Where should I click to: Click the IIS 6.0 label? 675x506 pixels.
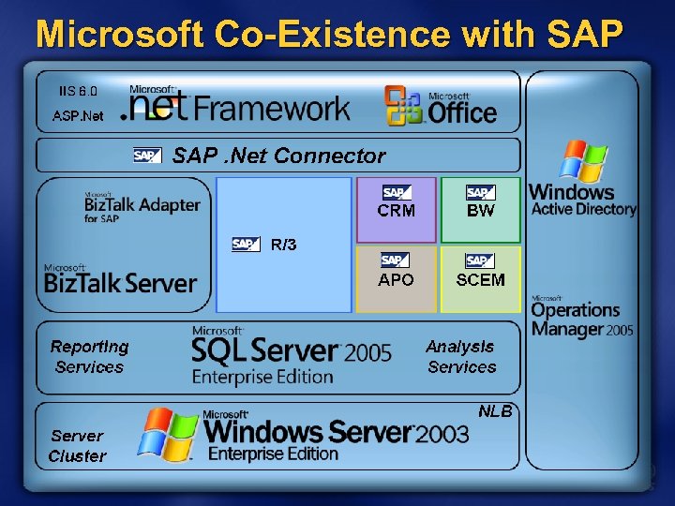(78, 92)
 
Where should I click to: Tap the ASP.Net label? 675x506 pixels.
(78, 117)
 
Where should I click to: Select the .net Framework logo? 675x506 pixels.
(240, 105)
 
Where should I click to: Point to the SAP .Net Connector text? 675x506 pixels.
(278, 156)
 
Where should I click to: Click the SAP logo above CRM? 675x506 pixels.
(395, 193)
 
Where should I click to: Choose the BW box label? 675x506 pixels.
(480, 211)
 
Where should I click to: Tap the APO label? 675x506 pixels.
(396, 279)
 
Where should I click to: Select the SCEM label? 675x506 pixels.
(480, 279)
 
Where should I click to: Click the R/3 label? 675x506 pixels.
(283, 245)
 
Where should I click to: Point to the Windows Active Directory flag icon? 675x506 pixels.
(582, 160)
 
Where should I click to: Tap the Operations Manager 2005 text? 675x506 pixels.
(582, 319)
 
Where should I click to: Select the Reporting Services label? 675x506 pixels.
(90, 356)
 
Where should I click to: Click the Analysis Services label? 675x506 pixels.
(460, 356)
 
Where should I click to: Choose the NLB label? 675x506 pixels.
(495, 411)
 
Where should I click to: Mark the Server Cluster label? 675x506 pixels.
(78, 446)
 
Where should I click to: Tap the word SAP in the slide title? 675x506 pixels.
(582, 35)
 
